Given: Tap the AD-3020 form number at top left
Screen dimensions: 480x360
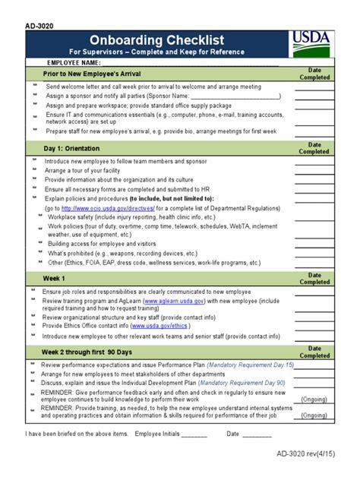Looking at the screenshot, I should pos(39,24).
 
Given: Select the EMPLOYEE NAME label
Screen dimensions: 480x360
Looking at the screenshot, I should pos(74,62).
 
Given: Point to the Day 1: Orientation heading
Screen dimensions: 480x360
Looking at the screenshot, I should pos(77,147).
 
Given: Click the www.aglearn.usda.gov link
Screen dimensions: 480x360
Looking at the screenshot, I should pos(173,301).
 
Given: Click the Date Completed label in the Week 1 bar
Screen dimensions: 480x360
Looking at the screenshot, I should pos(314,278).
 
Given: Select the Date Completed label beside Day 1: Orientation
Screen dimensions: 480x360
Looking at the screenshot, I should pos(314,147).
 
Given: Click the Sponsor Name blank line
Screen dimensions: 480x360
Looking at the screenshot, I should pos(235,97).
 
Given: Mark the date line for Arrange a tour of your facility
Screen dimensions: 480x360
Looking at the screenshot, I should pos(314,171).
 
